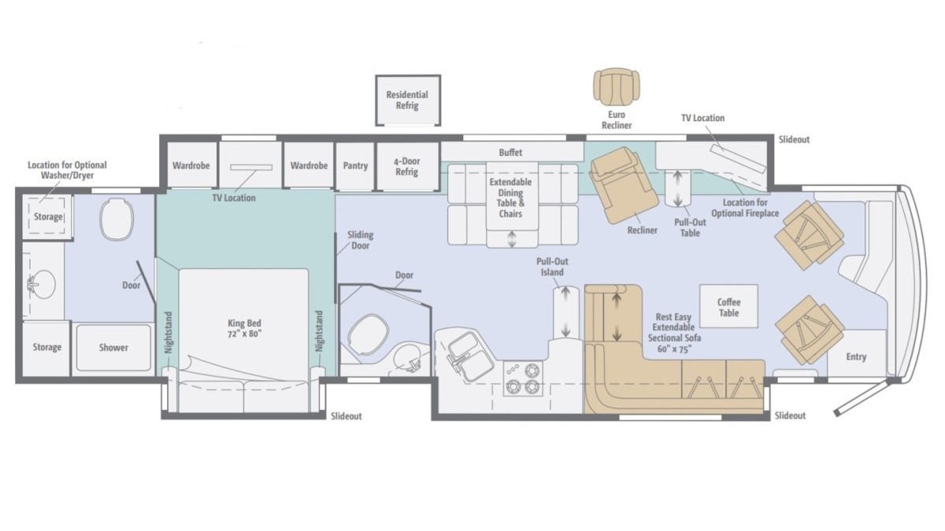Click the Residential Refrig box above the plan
(x=408, y=101)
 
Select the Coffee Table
(x=728, y=306)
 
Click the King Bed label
(x=244, y=328)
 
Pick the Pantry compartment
(x=355, y=166)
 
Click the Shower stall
(x=113, y=348)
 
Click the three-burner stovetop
(x=523, y=378)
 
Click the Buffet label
(x=510, y=152)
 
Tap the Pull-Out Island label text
(x=552, y=267)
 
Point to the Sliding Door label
(x=361, y=240)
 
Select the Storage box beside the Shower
(x=46, y=348)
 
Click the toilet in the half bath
(x=368, y=334)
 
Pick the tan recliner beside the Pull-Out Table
(x=624, y=185)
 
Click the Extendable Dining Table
(x=512, y=196)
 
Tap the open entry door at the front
(x=861, y=396)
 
